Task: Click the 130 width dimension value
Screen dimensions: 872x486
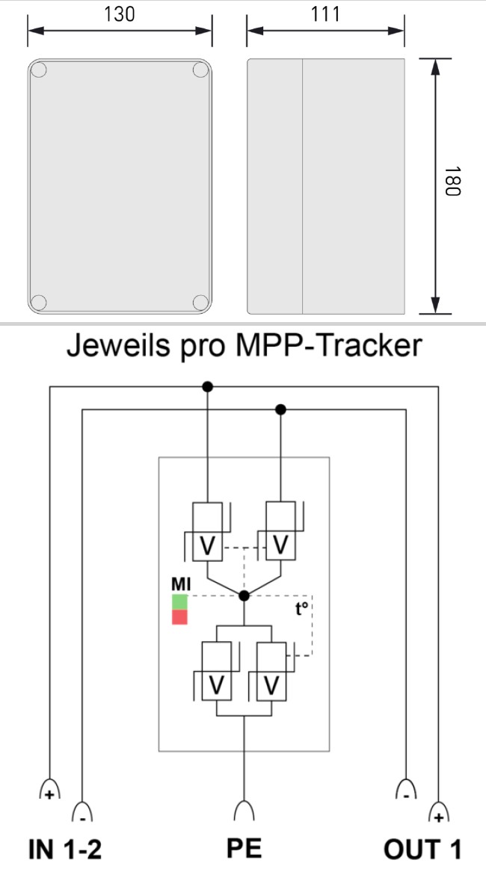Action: [120, 14]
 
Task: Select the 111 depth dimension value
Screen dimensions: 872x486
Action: [325, 14]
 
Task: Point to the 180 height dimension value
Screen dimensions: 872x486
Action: [450, 187]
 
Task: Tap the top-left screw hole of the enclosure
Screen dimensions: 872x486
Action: [39, 71]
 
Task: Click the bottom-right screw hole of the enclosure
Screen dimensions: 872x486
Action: [200, 302]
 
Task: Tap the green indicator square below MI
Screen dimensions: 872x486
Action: [179, 602]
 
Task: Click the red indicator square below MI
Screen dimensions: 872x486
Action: [179, 617]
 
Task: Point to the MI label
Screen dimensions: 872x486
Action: [180, 584]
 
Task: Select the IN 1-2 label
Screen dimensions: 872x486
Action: [64, 850]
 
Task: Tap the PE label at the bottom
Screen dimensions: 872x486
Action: [244, 850]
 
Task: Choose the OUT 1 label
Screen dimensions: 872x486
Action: [422, 850]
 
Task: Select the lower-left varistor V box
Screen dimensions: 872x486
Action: [217, 683]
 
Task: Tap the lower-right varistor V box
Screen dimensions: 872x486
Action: [270, 683]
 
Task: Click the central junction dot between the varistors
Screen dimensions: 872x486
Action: [244, 596]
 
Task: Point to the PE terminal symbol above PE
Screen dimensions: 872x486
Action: [244, 811]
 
